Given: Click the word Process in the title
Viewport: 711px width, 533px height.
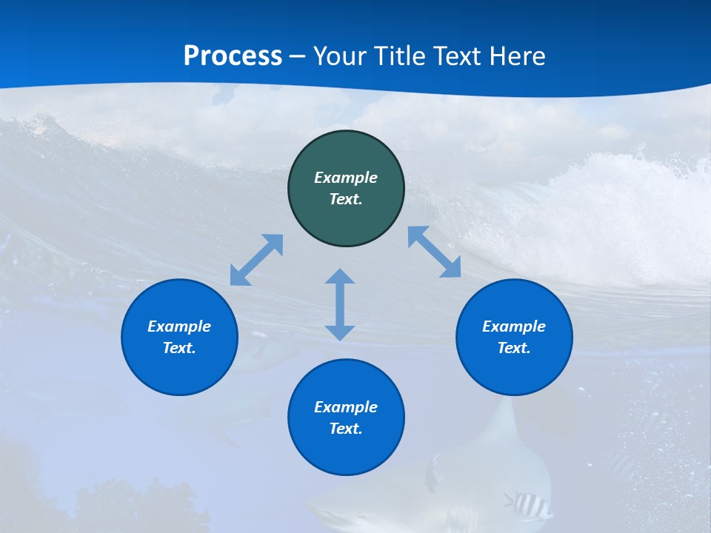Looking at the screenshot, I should [x=233, y=56].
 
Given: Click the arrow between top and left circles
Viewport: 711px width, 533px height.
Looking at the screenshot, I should [x=256, y=260].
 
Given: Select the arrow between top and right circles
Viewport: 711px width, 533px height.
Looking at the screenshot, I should [x=435, y=252].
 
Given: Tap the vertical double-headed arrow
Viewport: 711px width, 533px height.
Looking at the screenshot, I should [x=340, y=304].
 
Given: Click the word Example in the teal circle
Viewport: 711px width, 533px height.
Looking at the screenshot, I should [x=346, y=178].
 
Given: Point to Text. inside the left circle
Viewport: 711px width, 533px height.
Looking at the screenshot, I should [x=179, y=348].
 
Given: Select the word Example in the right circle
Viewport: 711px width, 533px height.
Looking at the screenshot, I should [x=514, y=326].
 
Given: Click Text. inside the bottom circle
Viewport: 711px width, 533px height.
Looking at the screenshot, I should [x=346, y=429].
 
